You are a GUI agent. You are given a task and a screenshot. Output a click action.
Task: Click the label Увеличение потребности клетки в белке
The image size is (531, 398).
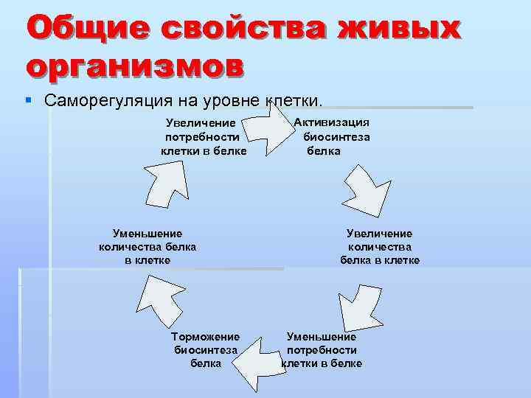tap(204, 137)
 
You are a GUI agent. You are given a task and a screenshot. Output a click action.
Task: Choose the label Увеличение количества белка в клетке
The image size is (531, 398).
tap(380, 247)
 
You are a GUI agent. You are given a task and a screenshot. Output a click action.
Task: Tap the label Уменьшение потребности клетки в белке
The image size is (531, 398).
tap(322, 350)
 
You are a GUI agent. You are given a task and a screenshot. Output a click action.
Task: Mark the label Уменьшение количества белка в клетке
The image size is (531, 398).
tap(147, 247)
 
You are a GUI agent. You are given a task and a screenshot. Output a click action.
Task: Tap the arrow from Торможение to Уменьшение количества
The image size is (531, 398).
tap(158, 298)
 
